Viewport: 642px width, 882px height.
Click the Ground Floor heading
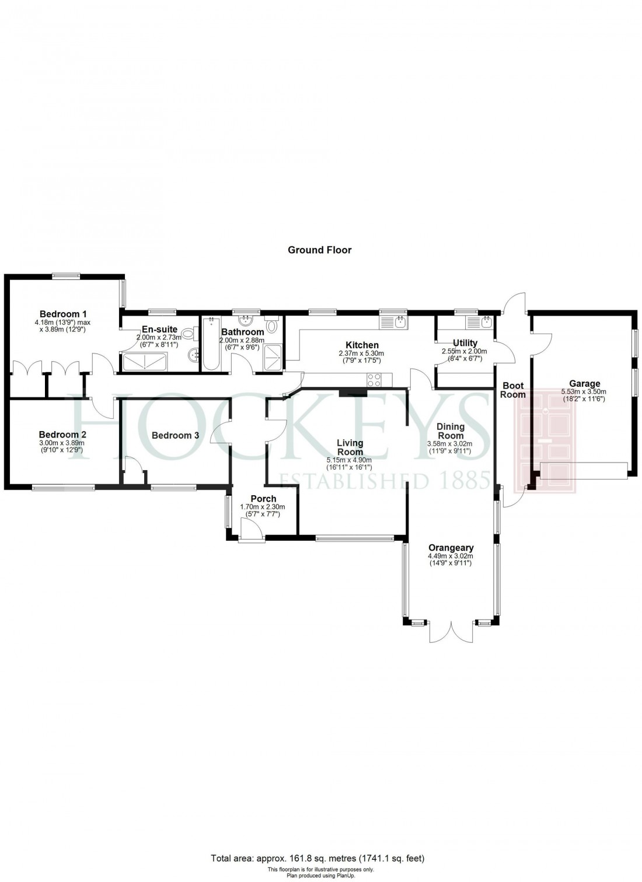point(319,250)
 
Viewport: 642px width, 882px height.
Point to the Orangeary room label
point(451,548)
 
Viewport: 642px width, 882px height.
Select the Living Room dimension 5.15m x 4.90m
point(350,460)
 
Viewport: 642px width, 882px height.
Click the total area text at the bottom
point(318,858)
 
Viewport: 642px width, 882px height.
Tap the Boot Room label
point(513,390)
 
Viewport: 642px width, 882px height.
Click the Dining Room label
point(451,431)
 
